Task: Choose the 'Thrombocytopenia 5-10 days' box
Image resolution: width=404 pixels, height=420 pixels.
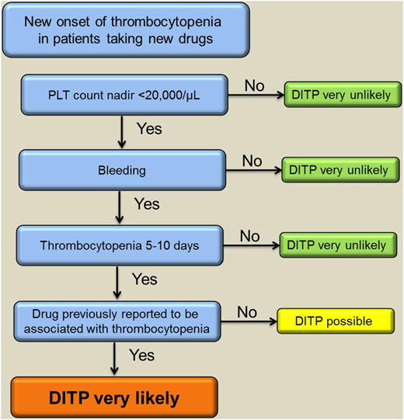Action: tap(118, 245)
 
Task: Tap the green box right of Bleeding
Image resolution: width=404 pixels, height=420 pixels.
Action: tap(337, 169)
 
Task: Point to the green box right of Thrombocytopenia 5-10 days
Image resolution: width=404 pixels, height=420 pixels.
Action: tap(337, 245)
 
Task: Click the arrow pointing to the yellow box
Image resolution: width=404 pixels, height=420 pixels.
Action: tap(250, 320)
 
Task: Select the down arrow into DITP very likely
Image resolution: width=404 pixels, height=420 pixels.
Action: tap(117, 359)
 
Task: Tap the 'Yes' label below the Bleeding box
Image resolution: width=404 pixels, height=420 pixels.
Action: tap(145, 204)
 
